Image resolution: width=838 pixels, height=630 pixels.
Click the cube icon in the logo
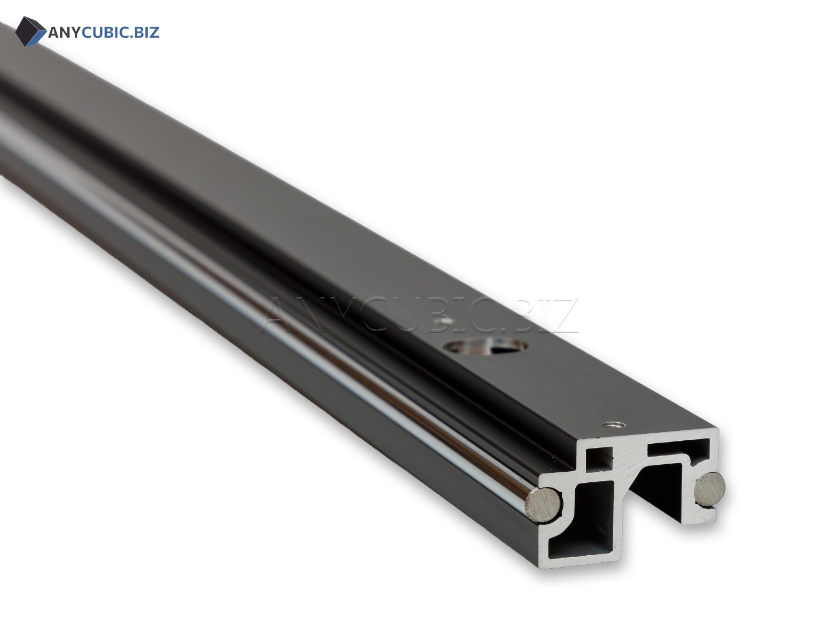click(30, 32)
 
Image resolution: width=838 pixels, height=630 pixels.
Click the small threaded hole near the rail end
click(614, 424)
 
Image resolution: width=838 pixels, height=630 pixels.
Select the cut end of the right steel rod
click(710, 489)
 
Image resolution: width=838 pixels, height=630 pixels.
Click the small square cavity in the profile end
click(599, 458)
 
